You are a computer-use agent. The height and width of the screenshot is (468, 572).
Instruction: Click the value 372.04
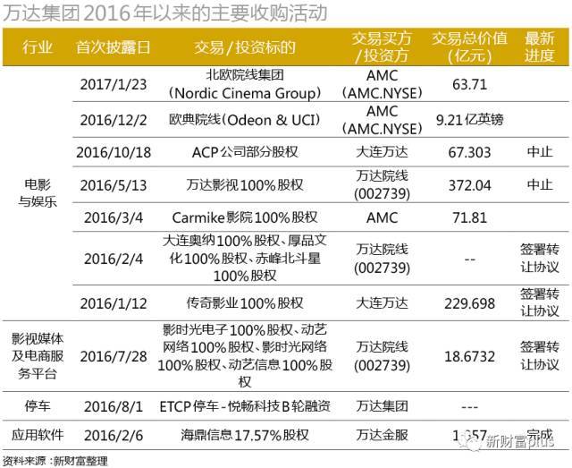469,183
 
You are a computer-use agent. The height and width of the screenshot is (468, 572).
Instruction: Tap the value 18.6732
469,355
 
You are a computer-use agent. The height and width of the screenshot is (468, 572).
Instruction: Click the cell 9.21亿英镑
469,118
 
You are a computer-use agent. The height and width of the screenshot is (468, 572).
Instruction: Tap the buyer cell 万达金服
382,435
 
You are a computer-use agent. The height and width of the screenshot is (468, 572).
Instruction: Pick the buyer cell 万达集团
382,405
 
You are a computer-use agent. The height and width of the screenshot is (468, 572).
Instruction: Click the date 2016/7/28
113,355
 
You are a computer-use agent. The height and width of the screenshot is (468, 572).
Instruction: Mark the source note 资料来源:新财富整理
54,461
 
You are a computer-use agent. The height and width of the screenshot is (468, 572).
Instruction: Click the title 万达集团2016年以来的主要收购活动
164,13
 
